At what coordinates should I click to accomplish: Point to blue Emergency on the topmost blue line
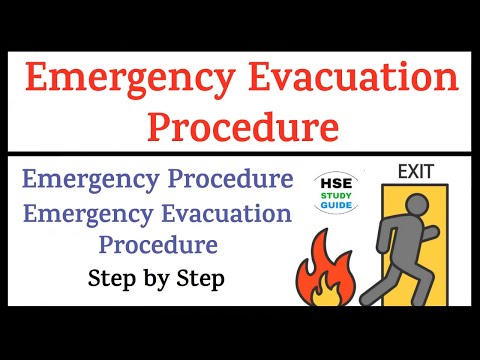coord(89,181)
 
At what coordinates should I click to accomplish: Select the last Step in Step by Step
coord(197,276)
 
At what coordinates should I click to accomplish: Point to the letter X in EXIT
coord(411,172)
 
